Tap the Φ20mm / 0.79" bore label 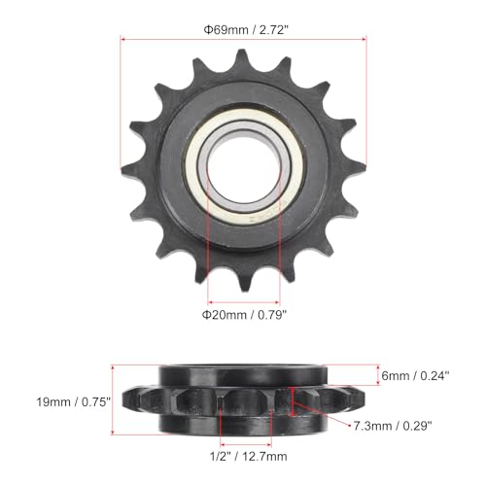point(243,314)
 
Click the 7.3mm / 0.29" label point(393,424)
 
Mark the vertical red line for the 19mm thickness point(114,399)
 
